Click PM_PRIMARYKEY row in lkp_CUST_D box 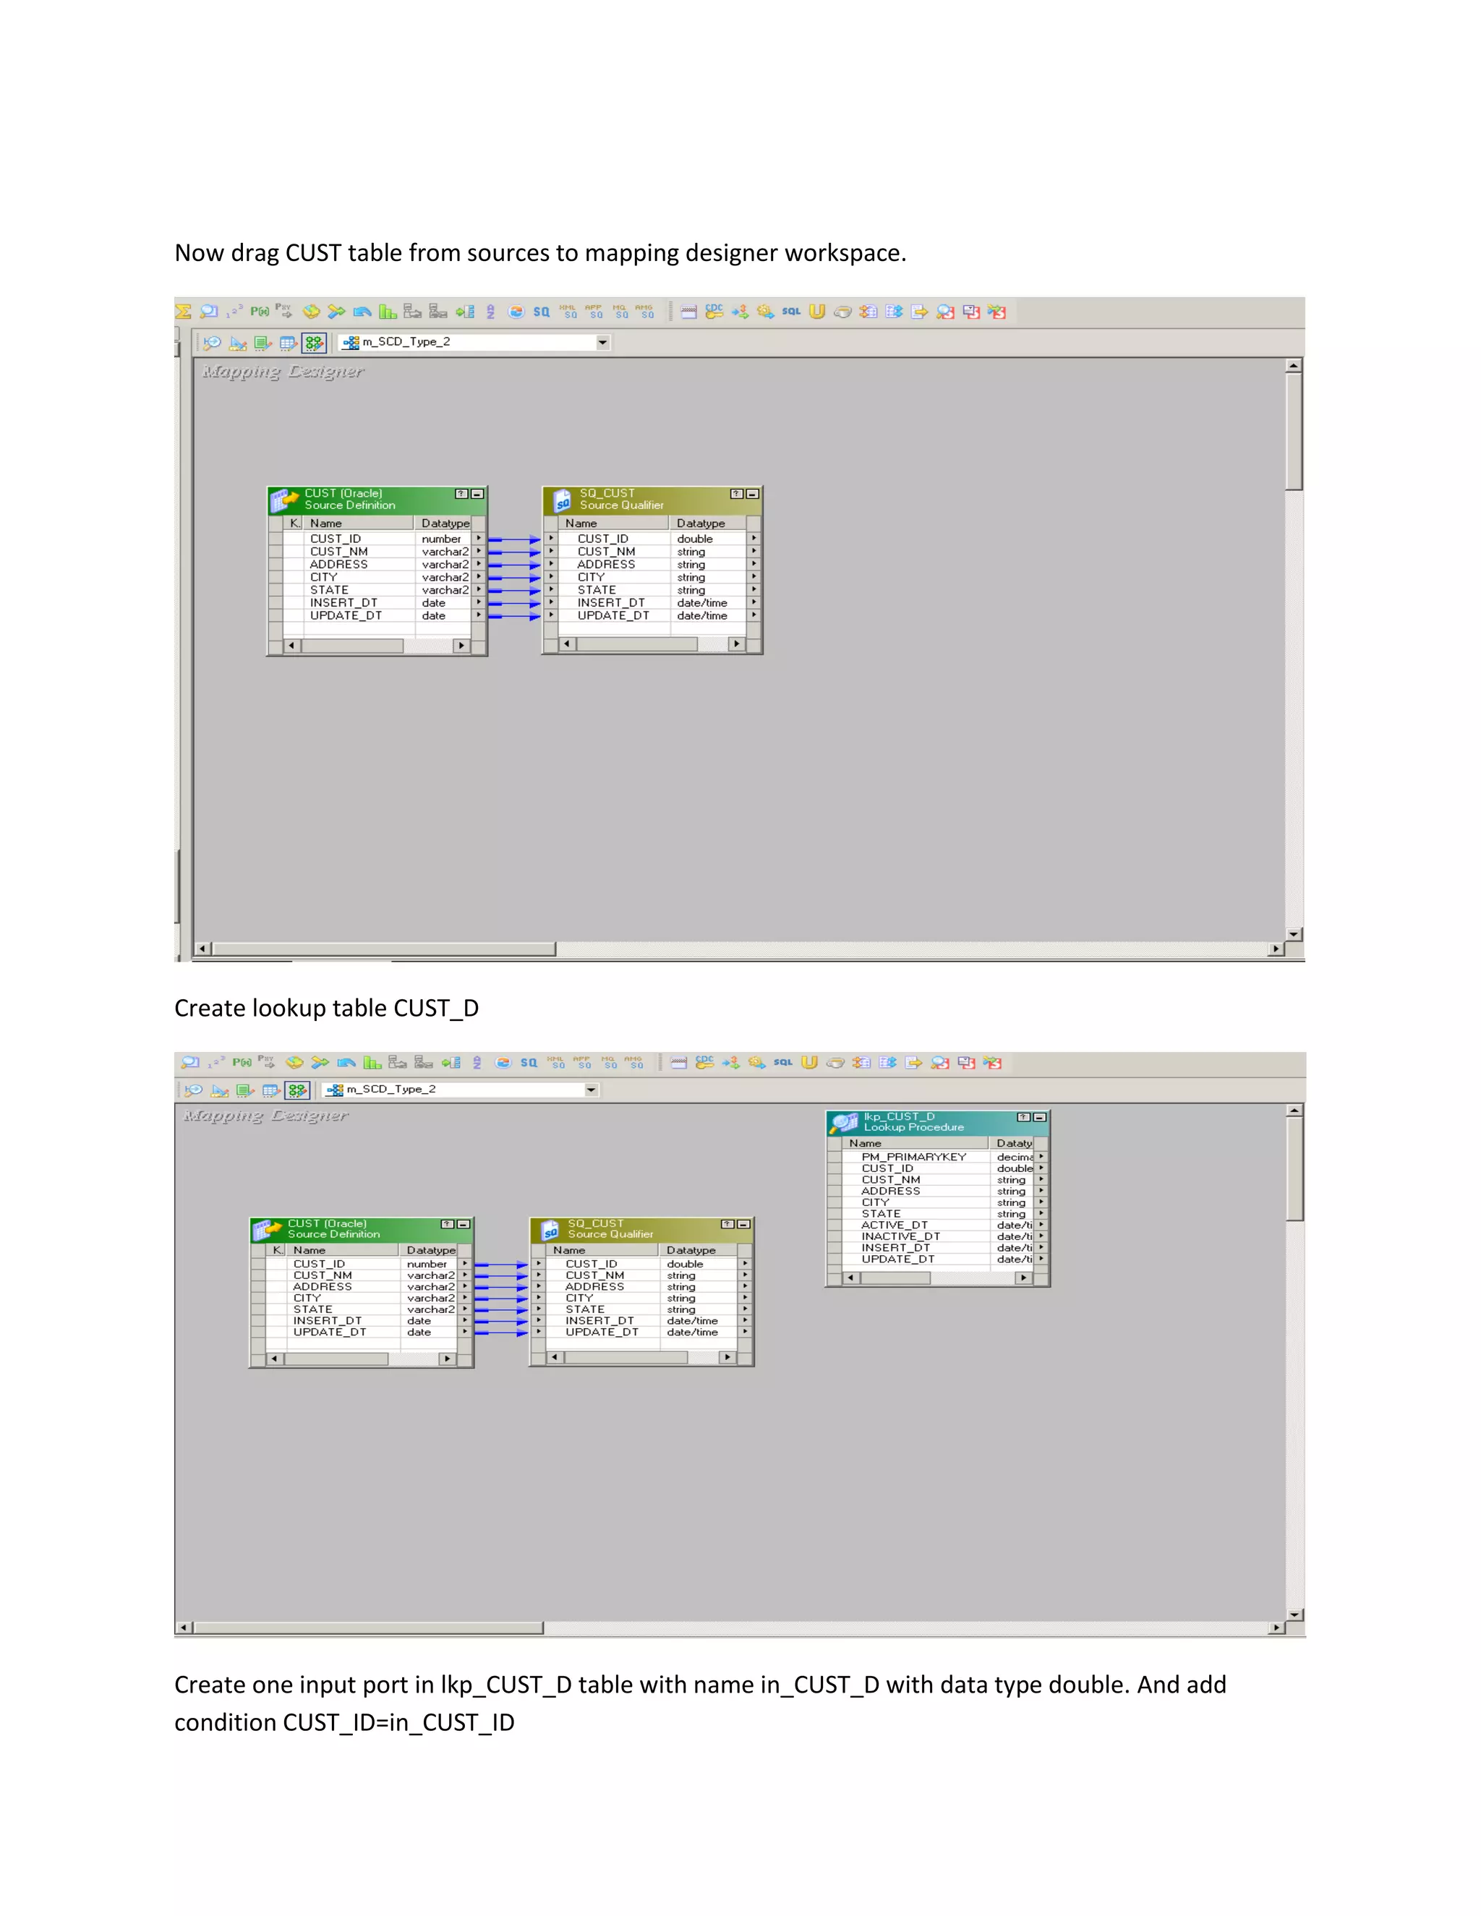pos(913,1156)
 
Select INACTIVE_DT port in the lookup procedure pos(900,1236)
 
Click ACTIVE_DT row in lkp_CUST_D pos(894,1225)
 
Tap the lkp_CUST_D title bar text pos(900,1116)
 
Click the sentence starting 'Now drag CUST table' pos(539,252)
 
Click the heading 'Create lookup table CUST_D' pos(326,1008)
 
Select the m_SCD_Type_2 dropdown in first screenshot pos(474,342)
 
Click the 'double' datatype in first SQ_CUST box pos(694,539)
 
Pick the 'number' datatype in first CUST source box pos(440,539)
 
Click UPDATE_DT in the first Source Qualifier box pos(613,616)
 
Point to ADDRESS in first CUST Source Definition pos(338,564)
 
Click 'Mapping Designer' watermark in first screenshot pos(283,371)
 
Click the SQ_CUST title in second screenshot pos(595,1223)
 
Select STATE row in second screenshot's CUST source pos(312,1309)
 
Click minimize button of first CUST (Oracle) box pos(477,494)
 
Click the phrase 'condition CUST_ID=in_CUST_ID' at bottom pos(344,1722)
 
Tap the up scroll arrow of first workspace pos(1293,365)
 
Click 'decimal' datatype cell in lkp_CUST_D pos(1013,1156)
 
